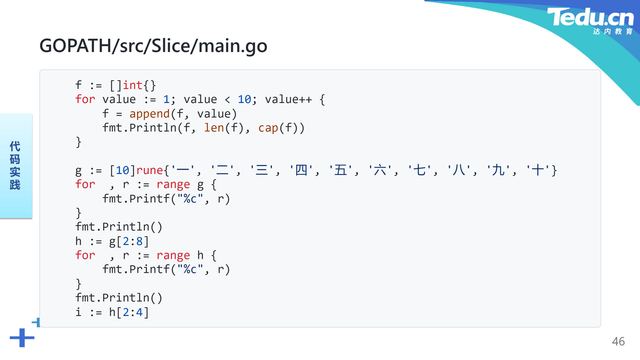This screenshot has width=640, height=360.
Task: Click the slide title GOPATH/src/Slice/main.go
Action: pyautogui.click(x=153, y=46)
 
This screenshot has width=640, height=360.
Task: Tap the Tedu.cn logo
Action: pyautogui.click(x=590, y=21)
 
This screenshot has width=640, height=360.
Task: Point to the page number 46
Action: pyautogui.click(x=618, y=341)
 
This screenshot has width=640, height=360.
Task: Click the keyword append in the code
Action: pyautogui.click(x=150, y=114)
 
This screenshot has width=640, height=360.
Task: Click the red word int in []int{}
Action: pyautogui.click(x=133, y=85)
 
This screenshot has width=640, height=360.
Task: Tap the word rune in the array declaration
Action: pyautogui.click(x=150, y=170)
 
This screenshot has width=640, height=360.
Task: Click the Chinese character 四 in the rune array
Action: pyautogui.click(x=301, y=170)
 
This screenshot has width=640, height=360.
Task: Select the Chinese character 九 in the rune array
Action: pyautogui.click(x=498, y=170)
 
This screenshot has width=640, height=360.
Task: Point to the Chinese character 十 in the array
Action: pyautogui.click(x=538, y=170)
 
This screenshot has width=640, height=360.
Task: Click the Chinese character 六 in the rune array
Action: pyautogui.click(x=380, y=170)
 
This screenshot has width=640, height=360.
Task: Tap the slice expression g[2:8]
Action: pyautogui.click(x=129, y=241)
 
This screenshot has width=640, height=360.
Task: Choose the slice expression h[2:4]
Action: pyautogui.click(x=129, y=312)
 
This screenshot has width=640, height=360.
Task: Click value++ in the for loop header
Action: pyautogui.click(x=289, y=100)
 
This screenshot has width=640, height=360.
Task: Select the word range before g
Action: pyautogui.click(x=173, y=185)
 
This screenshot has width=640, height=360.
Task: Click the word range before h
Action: pyautogui.click(x=173, y=256)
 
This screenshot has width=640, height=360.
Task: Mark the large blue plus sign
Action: pyautogui.click(x=22, y=338)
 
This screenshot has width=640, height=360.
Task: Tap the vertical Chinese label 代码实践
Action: pyautogui.click(x=15, y=165)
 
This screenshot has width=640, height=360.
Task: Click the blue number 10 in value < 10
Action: pyautogui.click(x=244, y=100)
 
